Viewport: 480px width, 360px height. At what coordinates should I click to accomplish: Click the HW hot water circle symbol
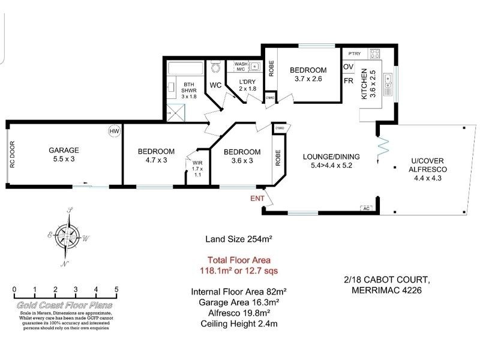coord(113,131)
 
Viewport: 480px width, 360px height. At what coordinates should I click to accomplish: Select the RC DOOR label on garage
coord(12,155)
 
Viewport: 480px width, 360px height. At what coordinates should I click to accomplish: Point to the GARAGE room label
coord(64,151)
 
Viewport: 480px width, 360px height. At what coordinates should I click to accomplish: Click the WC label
coord(215,85)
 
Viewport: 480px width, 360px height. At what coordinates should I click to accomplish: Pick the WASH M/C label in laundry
coord(241,67)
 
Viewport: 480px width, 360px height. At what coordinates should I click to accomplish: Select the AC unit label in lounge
coord(365,208)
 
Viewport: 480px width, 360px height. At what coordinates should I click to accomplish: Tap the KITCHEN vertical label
coord(364,84)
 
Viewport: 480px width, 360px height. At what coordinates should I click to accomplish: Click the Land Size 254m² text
coord(239,239)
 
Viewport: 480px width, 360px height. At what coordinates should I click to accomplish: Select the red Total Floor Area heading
coord(239,260)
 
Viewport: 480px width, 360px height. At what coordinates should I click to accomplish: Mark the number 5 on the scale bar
coord(116,290)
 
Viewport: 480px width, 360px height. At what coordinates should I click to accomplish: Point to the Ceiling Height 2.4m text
coord(239,324)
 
